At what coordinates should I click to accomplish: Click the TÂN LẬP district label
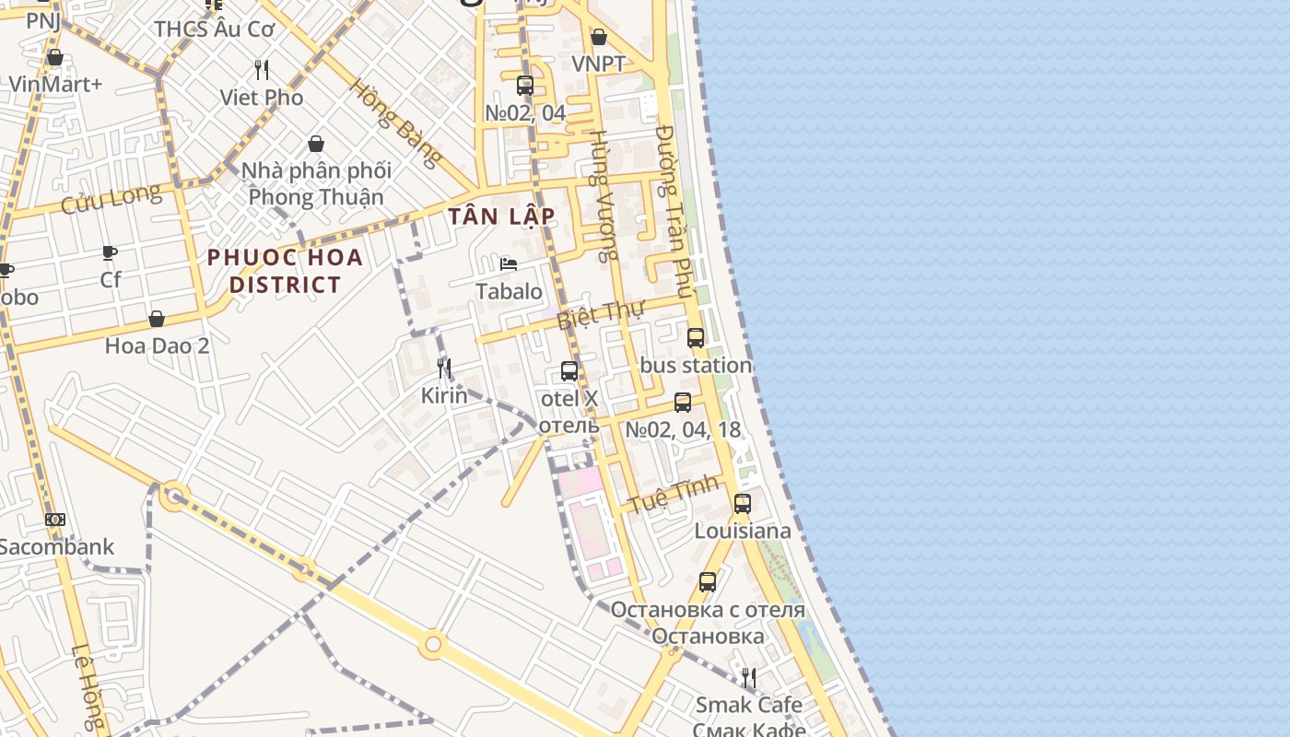pos(501,216)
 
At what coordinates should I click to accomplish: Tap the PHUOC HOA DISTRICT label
pos(285,271)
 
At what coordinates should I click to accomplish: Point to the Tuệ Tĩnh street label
pos(673,495)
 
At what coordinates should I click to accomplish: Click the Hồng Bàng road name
pos(395,123)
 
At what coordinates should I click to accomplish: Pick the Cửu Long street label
pos(111,198)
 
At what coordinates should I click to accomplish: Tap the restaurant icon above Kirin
pos(444,369)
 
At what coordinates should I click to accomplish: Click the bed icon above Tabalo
pos(508,264)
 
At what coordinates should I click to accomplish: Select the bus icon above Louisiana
pos(742,504)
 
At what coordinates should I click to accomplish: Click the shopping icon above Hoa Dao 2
pos(157,319)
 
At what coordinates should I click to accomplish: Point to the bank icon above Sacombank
pos(55,520)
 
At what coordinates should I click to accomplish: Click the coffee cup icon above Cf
pos(110,252)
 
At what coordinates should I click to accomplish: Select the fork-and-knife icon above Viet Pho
pos(262,70)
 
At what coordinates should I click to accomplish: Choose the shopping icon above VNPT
pos(599,37)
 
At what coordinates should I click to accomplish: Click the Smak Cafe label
pos(748,705)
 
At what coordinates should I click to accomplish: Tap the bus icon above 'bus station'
pos(696,338)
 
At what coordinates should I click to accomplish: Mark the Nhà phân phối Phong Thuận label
pos(316,183)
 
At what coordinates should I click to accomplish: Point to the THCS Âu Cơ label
pos(215,29)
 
